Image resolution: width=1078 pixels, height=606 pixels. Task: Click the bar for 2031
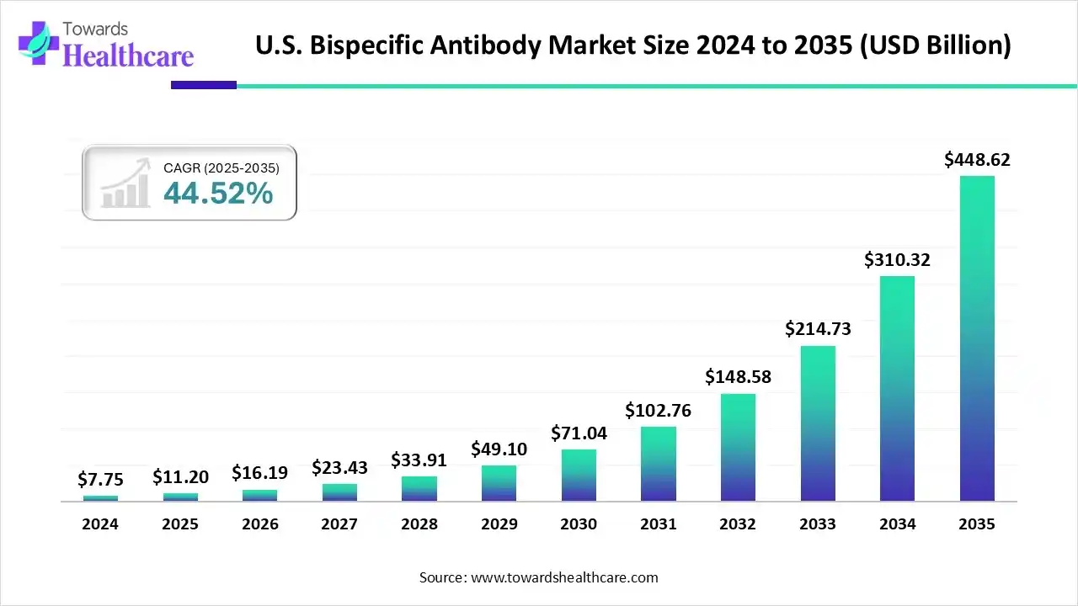tap(659, 464)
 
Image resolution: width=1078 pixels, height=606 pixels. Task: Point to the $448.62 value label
tap(977, 159)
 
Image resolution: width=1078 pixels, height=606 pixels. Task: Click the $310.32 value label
tap(897, 260)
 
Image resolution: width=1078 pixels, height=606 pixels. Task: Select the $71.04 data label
tap(579, 433)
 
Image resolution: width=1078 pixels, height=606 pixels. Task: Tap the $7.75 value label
tap(100, 480)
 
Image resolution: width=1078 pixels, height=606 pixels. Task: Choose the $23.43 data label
tap(339, 467)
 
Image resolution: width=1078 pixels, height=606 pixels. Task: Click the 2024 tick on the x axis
tap(100, 524)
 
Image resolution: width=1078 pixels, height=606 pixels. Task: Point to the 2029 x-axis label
tap(499, 524)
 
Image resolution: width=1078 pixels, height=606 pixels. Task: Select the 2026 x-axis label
tap(259, 524)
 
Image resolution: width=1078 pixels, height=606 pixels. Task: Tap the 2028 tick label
tap(419, 524)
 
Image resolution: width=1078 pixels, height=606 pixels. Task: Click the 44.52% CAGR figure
tap(218, 194)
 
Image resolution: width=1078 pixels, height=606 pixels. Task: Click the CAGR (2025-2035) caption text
tap(221, 168)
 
